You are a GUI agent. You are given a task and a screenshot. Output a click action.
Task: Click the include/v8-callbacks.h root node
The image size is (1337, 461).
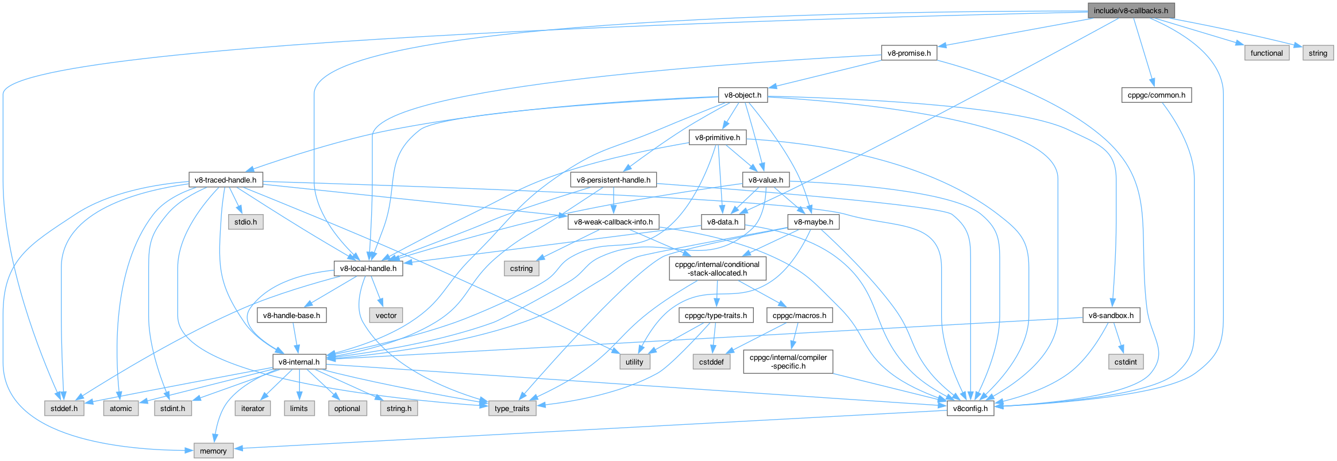point(1130,10)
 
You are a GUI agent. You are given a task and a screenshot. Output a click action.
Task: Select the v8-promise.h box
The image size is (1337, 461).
point(908,53)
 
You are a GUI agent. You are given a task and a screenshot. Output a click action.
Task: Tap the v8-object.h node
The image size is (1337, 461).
point(742,95)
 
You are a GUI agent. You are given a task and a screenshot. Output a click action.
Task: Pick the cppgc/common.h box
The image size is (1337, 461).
point(1156,95)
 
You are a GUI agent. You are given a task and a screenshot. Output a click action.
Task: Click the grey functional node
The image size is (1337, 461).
point(1266,53)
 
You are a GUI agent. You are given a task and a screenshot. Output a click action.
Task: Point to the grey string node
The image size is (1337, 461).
point(1317,53)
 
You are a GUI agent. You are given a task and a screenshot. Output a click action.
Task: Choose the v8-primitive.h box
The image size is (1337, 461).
point(717,138)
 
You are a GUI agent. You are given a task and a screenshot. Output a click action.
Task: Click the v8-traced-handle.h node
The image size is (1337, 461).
point(225,180)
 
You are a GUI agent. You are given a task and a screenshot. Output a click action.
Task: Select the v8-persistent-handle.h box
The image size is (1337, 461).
point(613,180)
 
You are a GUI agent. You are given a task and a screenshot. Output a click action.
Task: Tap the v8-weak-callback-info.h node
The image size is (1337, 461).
point(613,222)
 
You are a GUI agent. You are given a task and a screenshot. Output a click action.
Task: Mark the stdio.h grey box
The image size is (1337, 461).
point(245,222)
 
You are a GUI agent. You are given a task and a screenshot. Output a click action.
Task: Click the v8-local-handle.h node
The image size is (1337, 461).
point(368,269)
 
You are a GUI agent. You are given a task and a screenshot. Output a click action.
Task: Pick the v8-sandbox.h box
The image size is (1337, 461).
point(1111,316)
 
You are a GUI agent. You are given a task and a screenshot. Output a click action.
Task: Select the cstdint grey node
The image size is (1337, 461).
point(1125,362)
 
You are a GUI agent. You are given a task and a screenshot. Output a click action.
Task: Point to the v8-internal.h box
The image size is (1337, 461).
point(299,362)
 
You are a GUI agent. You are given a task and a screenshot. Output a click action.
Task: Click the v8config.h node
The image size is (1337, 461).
point(970,409)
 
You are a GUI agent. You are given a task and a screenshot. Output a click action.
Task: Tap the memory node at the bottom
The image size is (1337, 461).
point(213,451)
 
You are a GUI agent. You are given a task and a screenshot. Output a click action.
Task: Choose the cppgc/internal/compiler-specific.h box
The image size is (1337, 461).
point(788,362)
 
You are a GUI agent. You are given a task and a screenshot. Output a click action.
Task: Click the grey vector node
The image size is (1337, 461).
point(386,316)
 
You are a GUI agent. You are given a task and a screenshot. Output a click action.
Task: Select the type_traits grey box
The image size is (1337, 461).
point(512,409)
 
